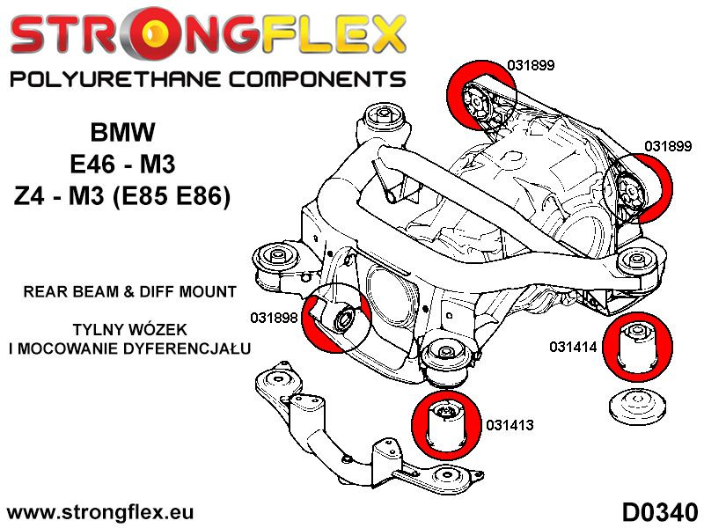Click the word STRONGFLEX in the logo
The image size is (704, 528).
208,35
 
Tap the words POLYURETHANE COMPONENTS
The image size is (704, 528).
208,79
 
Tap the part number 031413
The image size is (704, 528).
510,425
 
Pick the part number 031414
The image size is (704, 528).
574,347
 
